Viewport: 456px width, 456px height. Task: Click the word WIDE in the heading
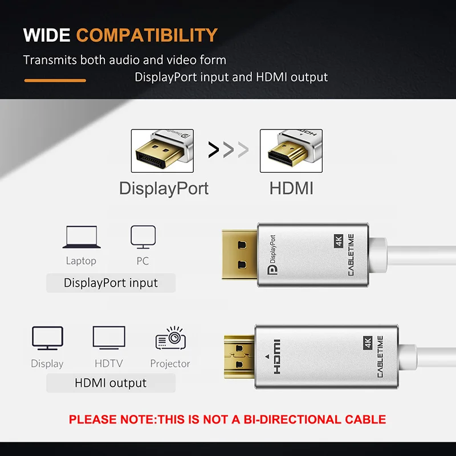[x=46, y=35]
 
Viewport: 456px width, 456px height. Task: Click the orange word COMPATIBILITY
[x=147, y=35]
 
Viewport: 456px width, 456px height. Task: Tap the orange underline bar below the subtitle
[x=55, y=80]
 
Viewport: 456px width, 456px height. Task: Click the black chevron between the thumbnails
[x=214, y=150]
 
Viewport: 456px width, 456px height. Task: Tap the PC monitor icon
[x=143, y=237]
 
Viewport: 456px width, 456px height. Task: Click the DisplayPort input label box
[x=111, y=283]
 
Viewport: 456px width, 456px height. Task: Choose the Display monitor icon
[x=47, y=339]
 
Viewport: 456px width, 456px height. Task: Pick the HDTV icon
[x=109, y=338]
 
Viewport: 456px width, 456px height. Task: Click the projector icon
[x=170, y=339]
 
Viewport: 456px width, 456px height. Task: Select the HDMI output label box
[x=111, y=383]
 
